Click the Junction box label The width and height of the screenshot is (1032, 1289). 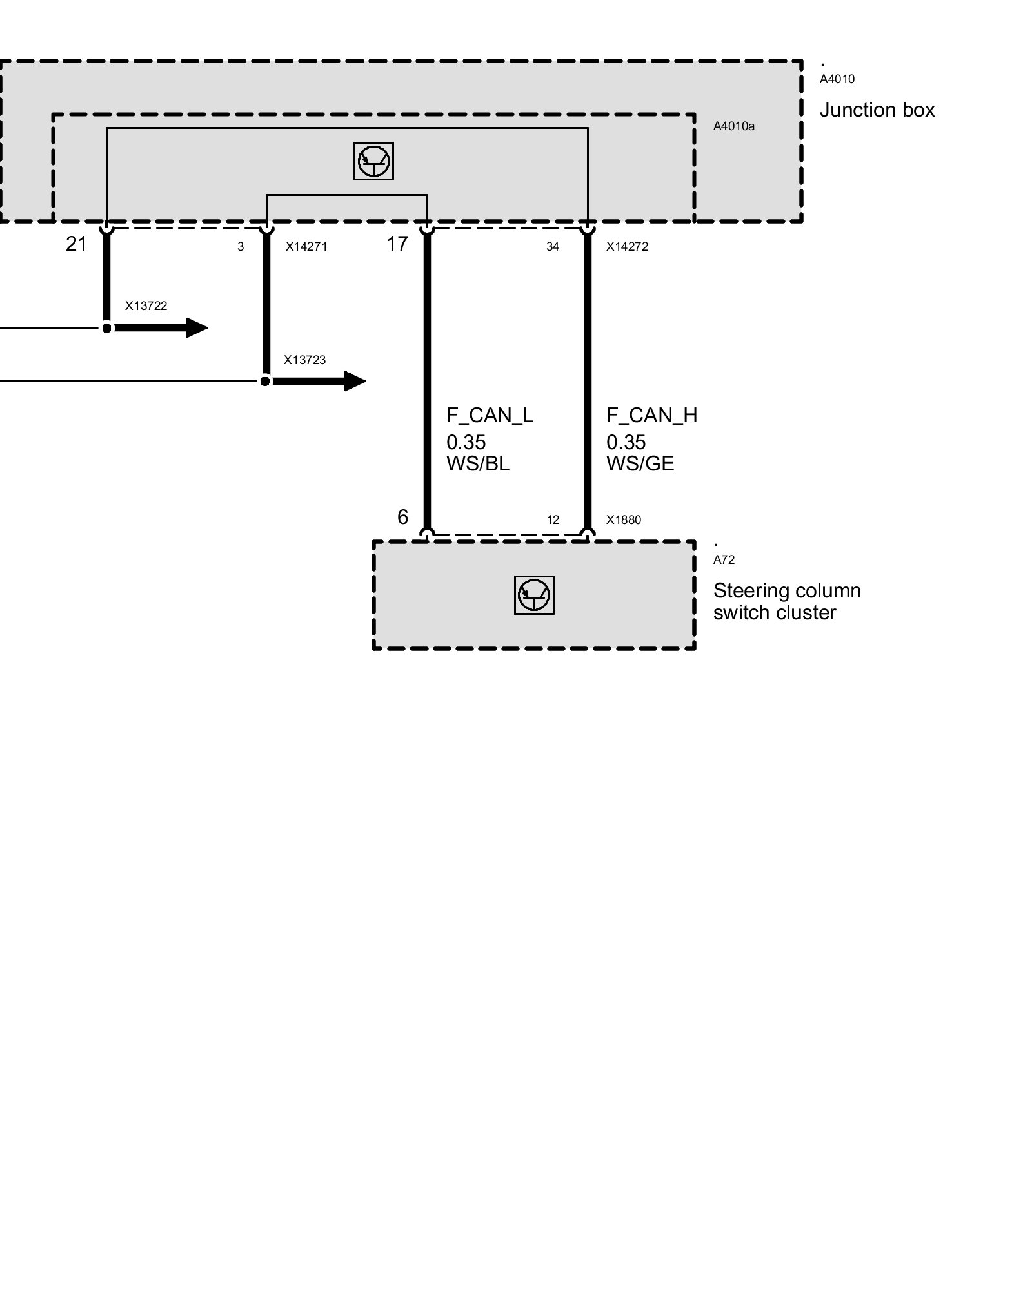coord(877,110)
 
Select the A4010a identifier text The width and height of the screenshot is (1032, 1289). coord(733,126)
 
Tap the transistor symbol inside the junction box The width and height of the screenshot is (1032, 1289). coord(373,160)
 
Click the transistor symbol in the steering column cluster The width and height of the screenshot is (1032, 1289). coord(534,595)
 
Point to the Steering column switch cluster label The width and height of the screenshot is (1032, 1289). coord(786,601)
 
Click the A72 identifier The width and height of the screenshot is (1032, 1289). coord(724,560)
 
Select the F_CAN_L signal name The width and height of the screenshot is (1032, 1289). coord(490,416)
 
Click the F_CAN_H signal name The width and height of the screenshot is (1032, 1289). coord(651,416)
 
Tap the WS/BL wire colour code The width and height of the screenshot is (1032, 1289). coord(477,464)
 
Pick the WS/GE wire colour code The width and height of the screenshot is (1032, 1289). coord(640,464)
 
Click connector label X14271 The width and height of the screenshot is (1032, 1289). coord(306,246)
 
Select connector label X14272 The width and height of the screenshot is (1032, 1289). coord(627,246)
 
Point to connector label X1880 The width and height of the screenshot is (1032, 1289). coord(623,520)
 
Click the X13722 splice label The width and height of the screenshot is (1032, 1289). coord(146,305)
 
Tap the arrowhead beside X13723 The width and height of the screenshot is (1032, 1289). coord(354,382)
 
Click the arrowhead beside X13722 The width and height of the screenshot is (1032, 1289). coord(196,328)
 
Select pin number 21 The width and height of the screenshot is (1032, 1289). coord(76,244)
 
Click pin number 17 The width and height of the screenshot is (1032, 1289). coord(397,244)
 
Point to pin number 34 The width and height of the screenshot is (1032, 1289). coord(552,247)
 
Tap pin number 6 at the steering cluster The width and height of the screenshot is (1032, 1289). coord(402,517)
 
